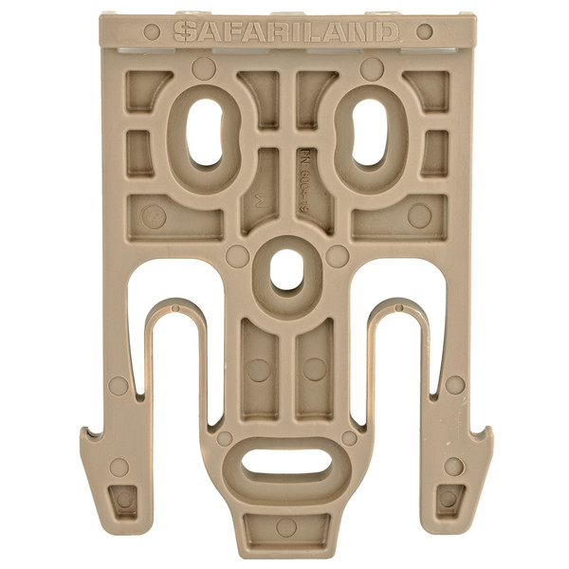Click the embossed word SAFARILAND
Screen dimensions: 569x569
(284, 31)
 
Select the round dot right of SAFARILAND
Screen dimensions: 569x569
(424, 31)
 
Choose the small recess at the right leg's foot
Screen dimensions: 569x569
(449, 497)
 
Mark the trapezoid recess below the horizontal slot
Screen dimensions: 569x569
(284, 526)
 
